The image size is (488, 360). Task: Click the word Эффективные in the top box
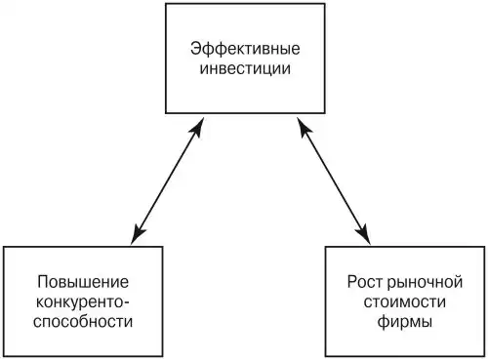pos(245,49)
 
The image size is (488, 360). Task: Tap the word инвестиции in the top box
pos(245,69)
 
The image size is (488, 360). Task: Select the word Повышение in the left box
pos(83,282)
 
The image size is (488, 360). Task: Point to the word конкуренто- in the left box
pos(83,302)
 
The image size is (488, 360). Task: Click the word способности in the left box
pos(83,322)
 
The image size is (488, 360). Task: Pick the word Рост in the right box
pos(366,282)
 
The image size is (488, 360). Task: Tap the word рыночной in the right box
pos(426,282)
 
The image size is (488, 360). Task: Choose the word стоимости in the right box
pos(405,302)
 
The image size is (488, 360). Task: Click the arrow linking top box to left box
pos(167,180)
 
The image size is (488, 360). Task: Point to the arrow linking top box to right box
pos(334,180)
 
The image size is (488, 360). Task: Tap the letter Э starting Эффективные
pos(196,49)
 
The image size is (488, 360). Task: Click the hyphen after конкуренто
pos(127,303)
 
